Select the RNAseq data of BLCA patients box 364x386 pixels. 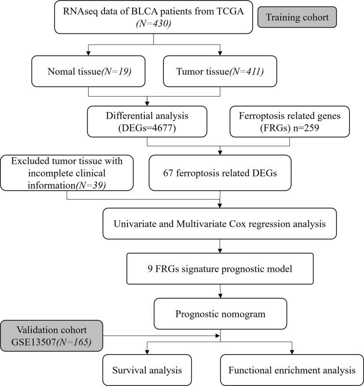click(x=153, y=18)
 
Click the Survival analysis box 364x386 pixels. click(x=147, y=370)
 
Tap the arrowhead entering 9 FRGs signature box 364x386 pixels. click(x=220, y=253)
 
